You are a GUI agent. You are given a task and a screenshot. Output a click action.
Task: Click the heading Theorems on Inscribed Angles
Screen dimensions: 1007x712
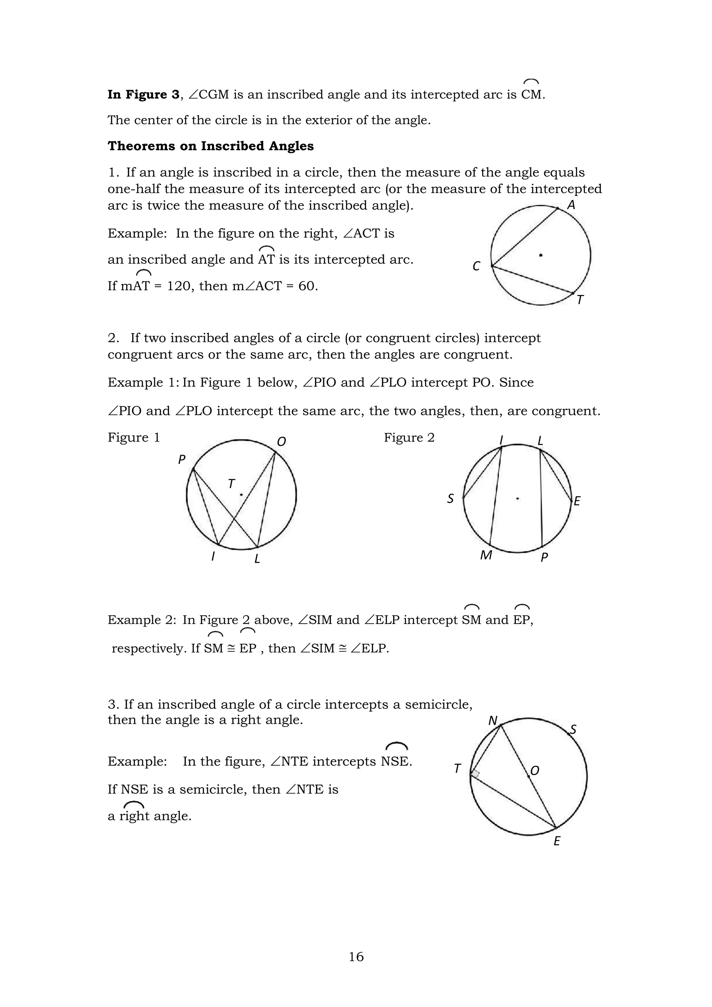(210, 146)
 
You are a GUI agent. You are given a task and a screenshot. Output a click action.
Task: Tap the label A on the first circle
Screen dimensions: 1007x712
(571, 205)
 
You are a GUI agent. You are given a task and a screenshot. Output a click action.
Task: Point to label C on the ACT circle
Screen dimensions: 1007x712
(476, 266)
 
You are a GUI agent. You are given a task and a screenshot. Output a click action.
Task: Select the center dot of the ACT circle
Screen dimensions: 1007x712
(541, 255)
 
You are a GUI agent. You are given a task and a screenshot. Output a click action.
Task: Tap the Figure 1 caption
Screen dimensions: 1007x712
(134, 437)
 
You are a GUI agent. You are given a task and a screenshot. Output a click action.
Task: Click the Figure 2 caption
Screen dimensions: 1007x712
(409, 437)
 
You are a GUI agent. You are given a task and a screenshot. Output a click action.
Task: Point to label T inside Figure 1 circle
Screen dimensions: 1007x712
(231, 484)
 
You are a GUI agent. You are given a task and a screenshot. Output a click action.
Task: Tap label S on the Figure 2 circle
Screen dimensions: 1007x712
(450, 499)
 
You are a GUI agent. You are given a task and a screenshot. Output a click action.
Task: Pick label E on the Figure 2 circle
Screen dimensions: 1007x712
(577, 501)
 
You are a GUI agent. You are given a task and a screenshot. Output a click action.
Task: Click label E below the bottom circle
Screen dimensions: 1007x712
(557, 841)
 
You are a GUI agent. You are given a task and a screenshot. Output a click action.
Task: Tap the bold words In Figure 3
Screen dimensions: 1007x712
(143, 95)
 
